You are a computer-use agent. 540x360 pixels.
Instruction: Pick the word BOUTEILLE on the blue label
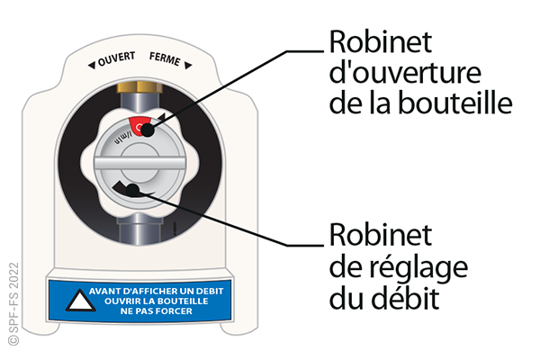[175, 301]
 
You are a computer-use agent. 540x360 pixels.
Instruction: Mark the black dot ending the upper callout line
[143, 131]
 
